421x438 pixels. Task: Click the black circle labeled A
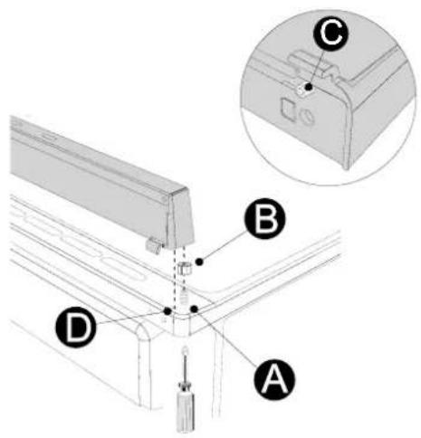click(x=274, y=379)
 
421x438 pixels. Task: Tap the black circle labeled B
click(x=264, y=218)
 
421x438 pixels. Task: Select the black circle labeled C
click(x=330, y=33)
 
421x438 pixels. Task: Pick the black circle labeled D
click(x=76, y=327)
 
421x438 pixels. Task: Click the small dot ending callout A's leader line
click(x=194, y=309)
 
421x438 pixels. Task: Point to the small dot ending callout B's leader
click(x=199, y=262)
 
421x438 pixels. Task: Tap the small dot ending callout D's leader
click(x=167, y=310)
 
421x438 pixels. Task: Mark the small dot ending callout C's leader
click(x=308, y=87)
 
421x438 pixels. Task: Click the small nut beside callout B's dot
click(x=185, y=269)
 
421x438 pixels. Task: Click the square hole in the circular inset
click(x=288, y=108)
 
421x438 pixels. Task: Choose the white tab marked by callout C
click(x=301, y=90)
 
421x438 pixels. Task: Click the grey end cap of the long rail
click(x=180, y=216)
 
